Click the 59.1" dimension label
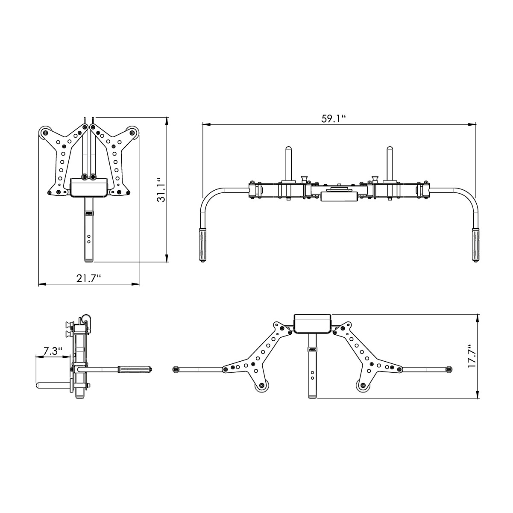(x=334, y=119)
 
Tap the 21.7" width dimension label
(x=89, y=278)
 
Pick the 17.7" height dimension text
(x=471, y=356)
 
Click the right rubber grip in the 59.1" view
(x=476, y=245)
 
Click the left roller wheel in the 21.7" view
(x=44, y=133)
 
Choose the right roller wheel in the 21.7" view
(x=134, y=133)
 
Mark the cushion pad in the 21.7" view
(x=89, y=188)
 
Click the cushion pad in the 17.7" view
(x=312, y=324)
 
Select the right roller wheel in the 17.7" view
(x=363, y=386)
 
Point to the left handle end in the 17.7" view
(x=175, y=369)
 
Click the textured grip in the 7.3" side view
(x=134, y=369)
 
